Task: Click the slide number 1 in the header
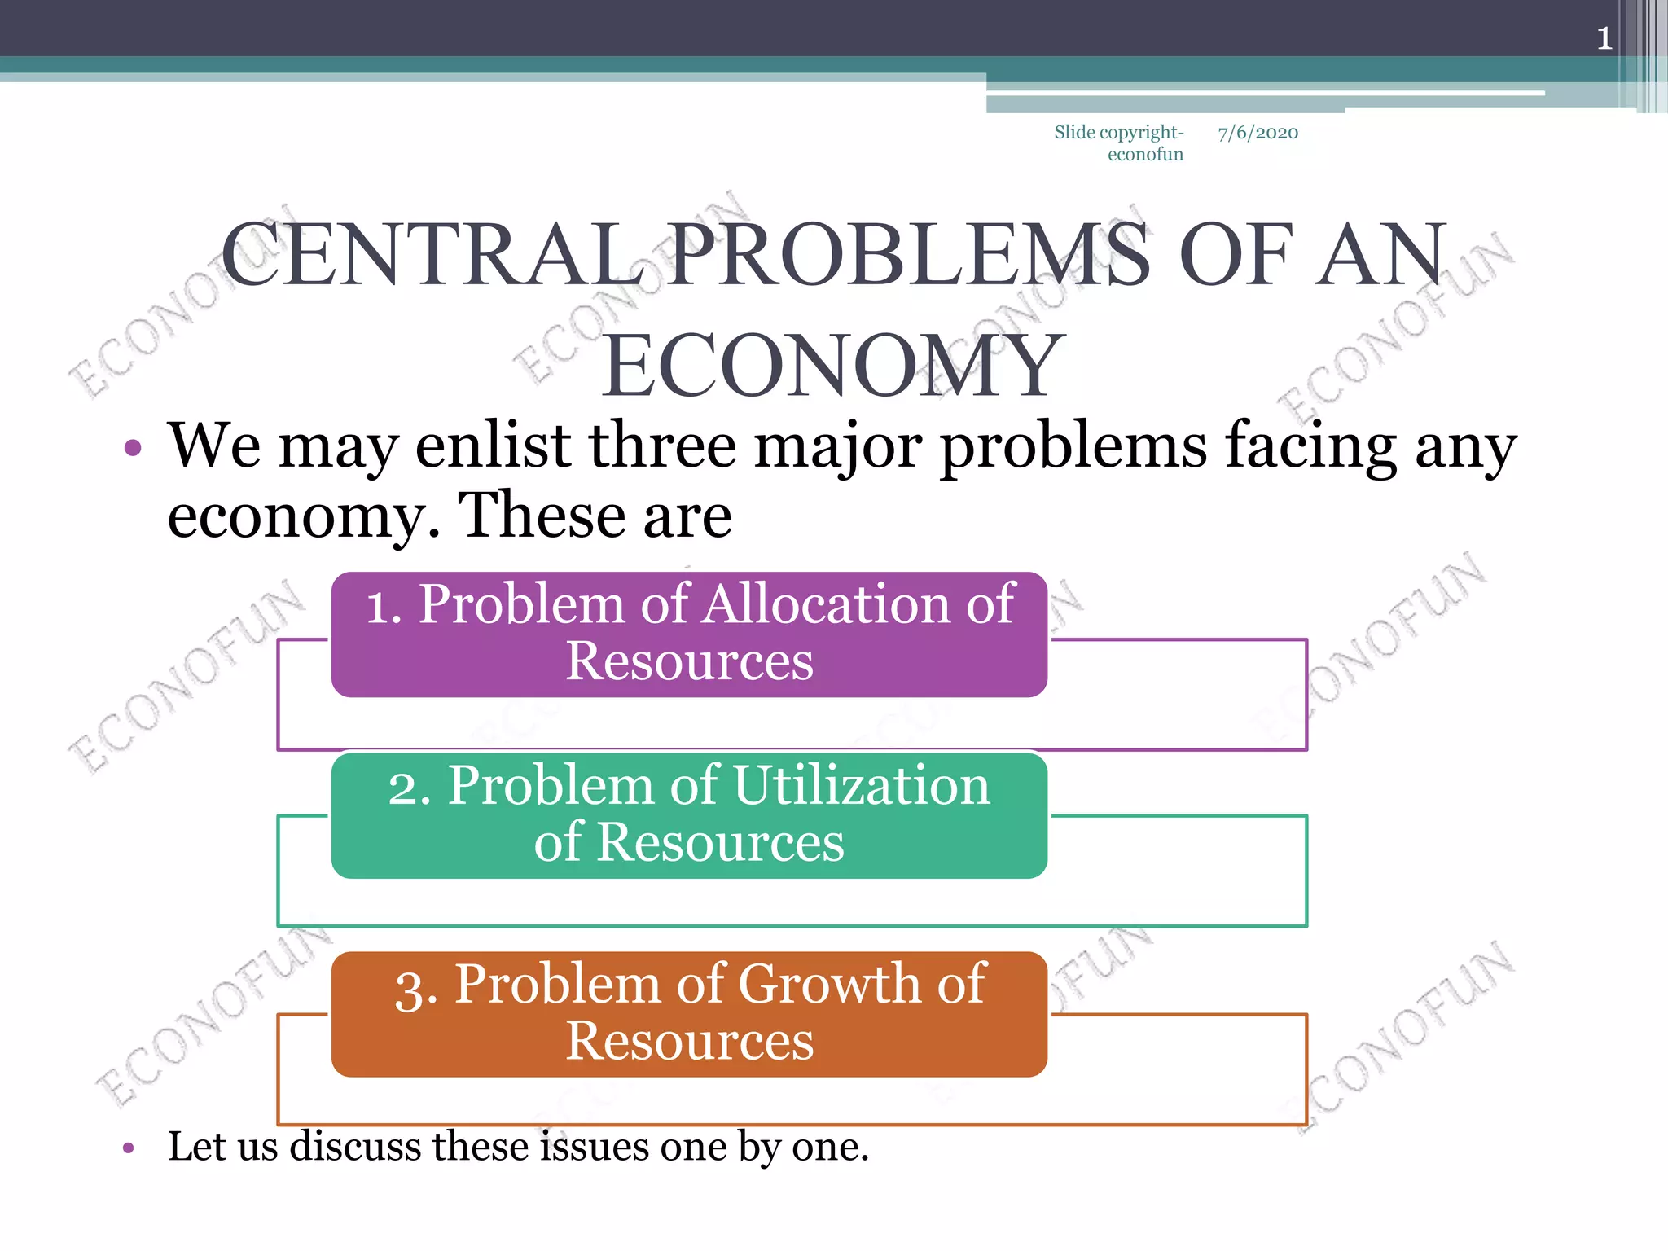pyautogui.click(x=1604, y=38)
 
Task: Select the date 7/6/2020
pyautogui.click(x=1258, y=133)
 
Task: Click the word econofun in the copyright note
pyautogui.click(x=1145, y=155)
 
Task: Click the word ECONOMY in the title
pyautogui.click(x=833, y=366)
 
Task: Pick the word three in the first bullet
pyautogui.click(x=663, y=446)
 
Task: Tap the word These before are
pyautogui.click(x=541, y=516)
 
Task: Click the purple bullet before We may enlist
pyautogui.click(x=133, y=448)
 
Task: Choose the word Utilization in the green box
pyautogui.click(x=862, y=786)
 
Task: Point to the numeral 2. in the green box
pyautogui.click(x=409, y=788)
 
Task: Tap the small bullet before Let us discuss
pyautogui.click(x=128, y=1148)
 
